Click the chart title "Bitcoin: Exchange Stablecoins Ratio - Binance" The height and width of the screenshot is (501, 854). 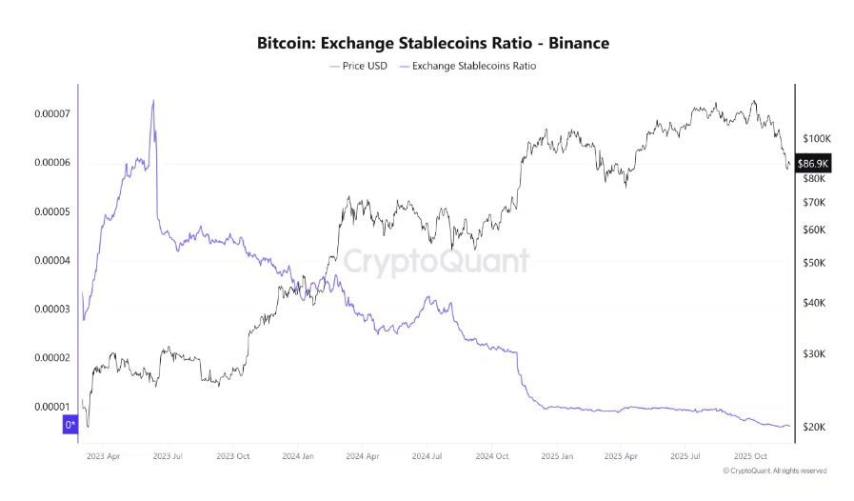click(x=433, y=43)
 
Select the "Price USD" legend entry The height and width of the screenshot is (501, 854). click(x=358, y=66)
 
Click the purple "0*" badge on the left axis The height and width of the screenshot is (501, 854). click(x=70, y=425)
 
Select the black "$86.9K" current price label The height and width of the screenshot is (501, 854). click(x=814, y=163)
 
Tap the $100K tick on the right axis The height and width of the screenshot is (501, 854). click(x=816, y=138)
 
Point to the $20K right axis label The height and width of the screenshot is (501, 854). click(x=814, y=427)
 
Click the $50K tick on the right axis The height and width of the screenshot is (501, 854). click(x=814, y=263)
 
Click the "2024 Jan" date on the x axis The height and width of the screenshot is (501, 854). click(x=298, y=455)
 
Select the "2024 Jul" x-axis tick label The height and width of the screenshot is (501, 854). click(x=427, y=455)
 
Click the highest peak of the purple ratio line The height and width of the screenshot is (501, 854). click(x=153, y=100)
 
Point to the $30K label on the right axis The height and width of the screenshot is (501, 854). click(x=814, y=354)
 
